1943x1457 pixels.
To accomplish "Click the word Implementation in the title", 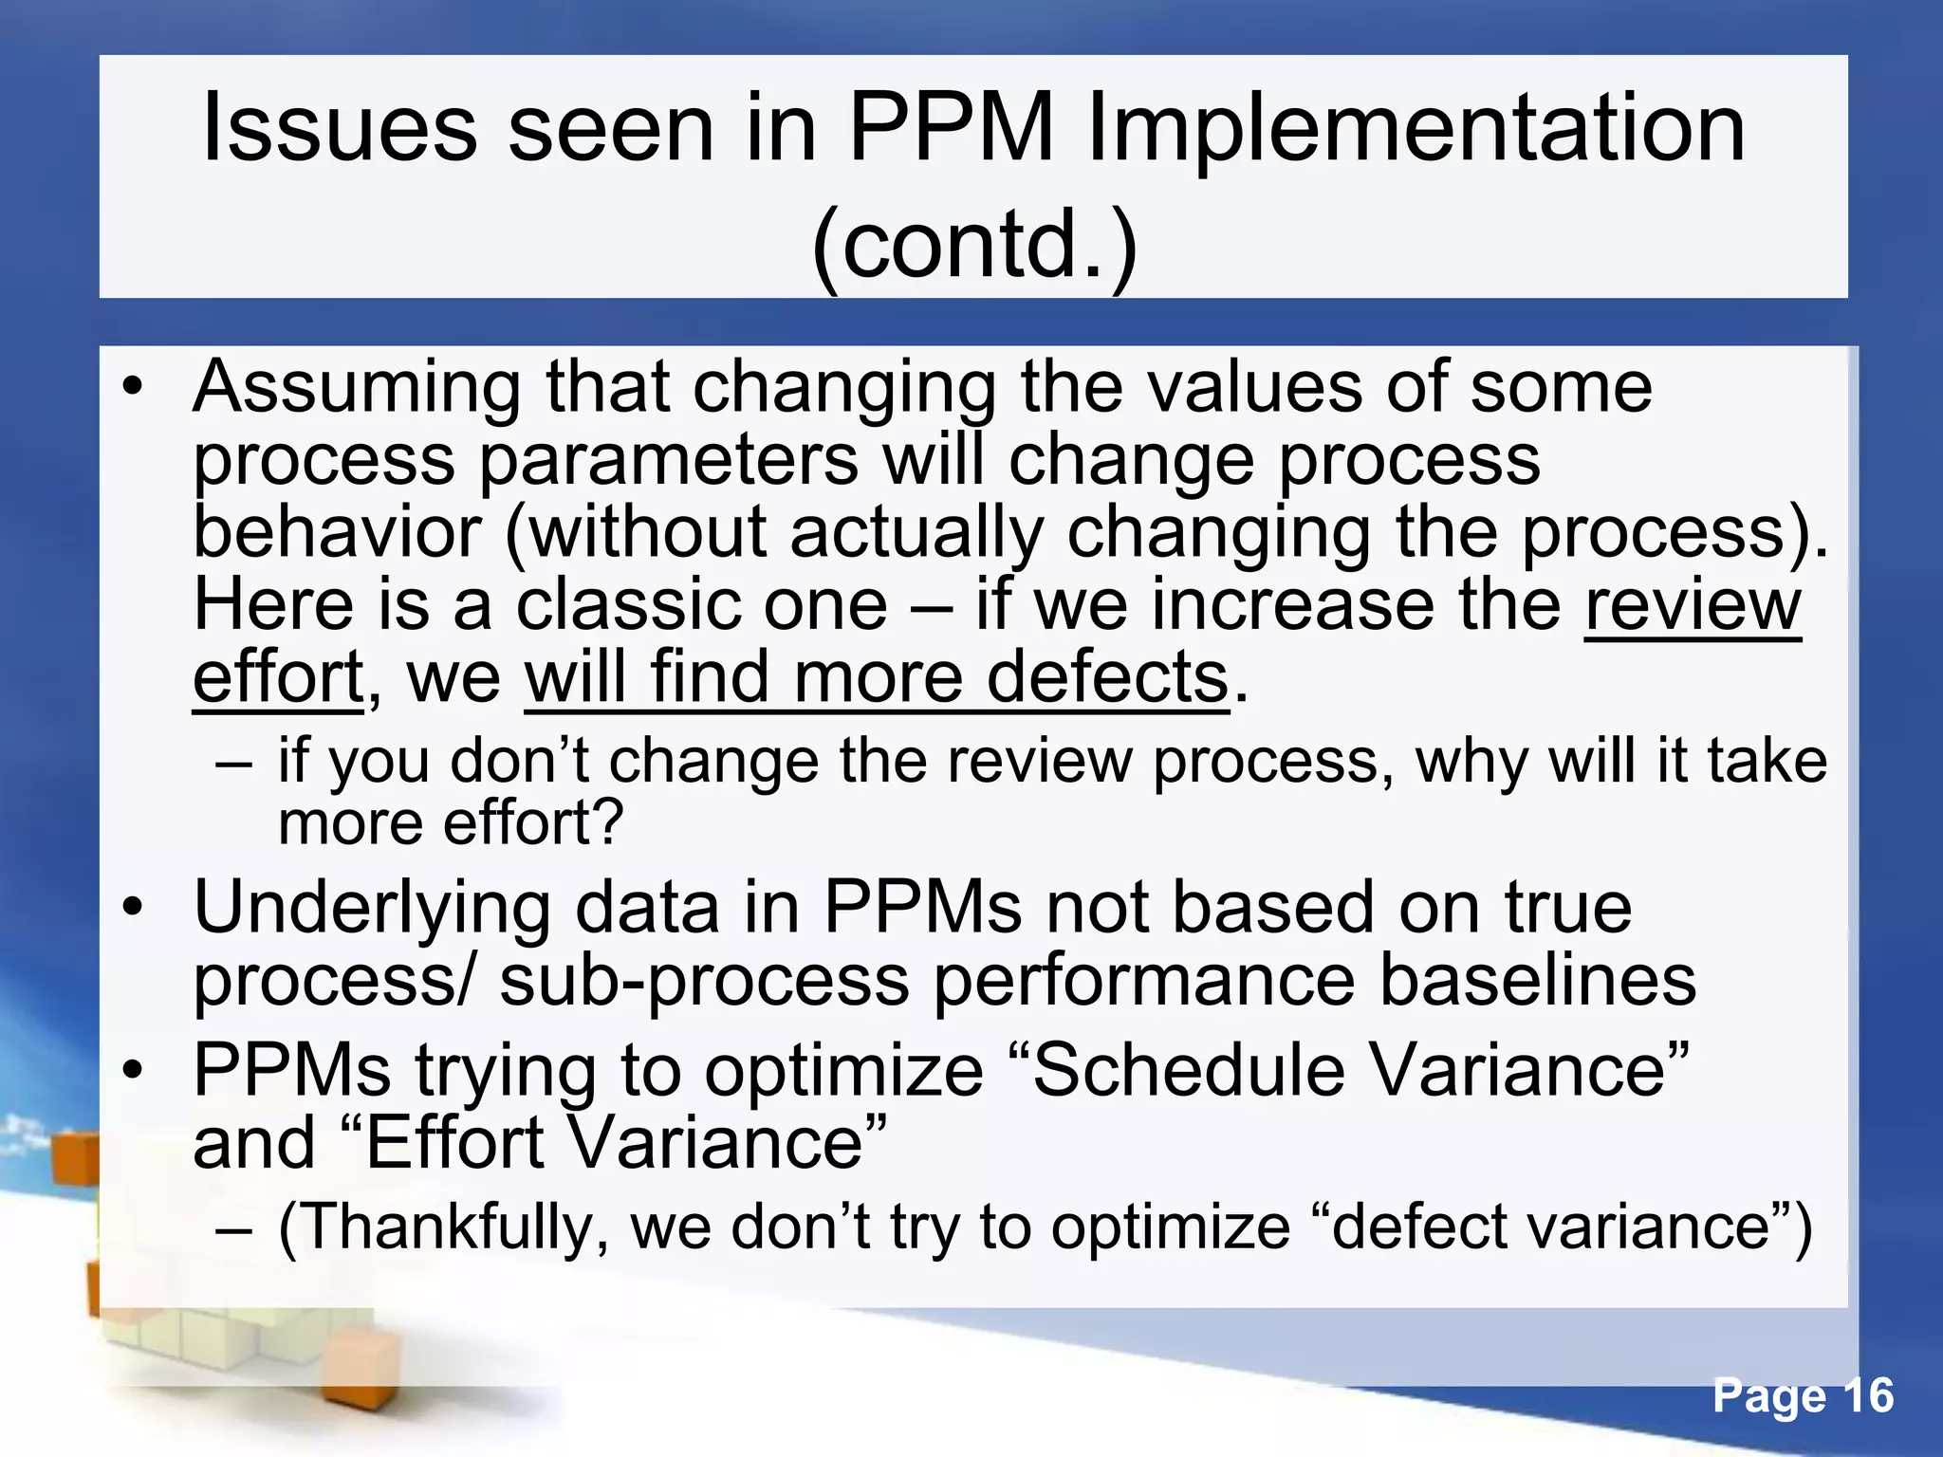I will click(1416, 128).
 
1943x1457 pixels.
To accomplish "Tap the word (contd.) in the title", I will click(974, 244).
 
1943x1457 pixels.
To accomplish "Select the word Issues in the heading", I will click(339, 128).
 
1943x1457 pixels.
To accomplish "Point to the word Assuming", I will click(357, 388).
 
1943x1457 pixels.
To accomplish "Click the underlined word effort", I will click(278, 677).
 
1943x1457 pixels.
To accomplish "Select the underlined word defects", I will click(1107, 677).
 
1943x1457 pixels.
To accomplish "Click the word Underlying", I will click(371, 909).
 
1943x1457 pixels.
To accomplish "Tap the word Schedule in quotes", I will click(1189, 1071).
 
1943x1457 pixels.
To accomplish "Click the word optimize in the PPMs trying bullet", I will click(843, 1071).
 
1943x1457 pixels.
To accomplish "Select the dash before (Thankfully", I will click(234, 1228).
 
